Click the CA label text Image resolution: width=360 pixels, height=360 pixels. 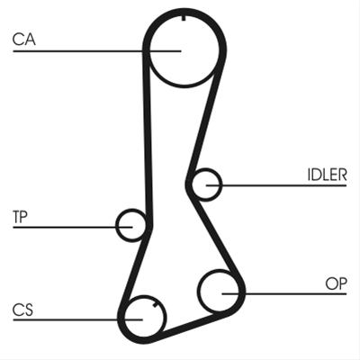(x=24, y=40)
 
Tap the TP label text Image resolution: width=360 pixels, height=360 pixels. (x=20, y=217)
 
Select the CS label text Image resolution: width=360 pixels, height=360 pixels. (x=22, y=310)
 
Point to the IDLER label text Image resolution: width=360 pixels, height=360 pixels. (x=327, y=175)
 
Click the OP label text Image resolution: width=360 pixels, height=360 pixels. (x=337, y=283)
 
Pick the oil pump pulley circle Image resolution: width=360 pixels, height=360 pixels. (x=199, y=291)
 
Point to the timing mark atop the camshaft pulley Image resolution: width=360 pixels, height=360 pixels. (x=184, y=18)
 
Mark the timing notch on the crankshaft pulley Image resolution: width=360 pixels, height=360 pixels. (x=155, y=305)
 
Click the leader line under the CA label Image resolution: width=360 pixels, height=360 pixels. (x=97, y=51)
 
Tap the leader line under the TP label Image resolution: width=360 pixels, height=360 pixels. (x=73, y=228)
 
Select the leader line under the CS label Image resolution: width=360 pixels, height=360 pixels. (x=77, y=319)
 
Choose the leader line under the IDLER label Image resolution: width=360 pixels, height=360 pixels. (x=276, y=185)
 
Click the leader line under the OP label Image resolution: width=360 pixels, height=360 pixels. (x=284, y=293)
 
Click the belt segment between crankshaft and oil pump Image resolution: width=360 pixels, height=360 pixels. (x=192, y=326)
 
